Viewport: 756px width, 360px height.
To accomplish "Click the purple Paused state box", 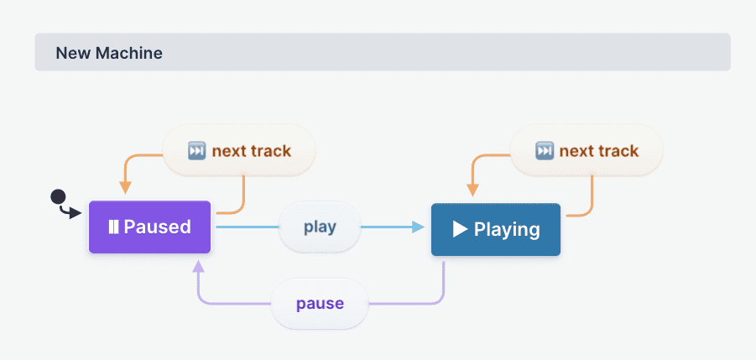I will [149, 227].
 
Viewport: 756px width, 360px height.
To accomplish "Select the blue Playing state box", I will [495, 229].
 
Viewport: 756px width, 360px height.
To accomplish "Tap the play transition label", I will [319, 227].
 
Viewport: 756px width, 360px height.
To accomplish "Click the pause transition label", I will [320, 302].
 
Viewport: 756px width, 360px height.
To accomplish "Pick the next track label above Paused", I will [239, 151].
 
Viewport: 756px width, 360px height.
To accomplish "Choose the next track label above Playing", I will [587, 151].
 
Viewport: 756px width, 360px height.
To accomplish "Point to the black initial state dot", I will [58, 197].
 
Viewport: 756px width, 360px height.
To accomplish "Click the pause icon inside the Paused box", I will [112, 227].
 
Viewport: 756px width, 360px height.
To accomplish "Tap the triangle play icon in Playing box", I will [460, 229].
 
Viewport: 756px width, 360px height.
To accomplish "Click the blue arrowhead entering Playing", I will [419, 227].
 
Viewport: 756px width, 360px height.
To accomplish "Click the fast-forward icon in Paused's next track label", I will [196, 151].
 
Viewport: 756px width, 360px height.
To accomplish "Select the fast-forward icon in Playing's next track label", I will [545, 151].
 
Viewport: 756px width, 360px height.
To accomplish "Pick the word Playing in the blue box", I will [507, 229].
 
